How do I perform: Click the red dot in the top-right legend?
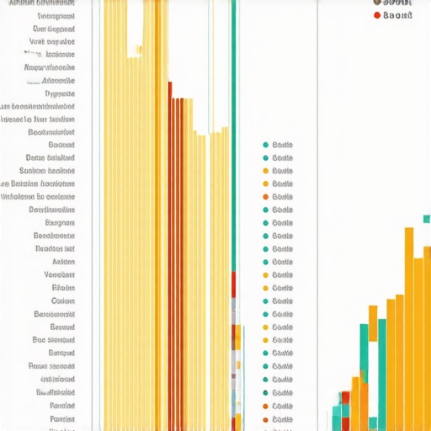(375, 15)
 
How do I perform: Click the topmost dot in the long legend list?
(265, 145)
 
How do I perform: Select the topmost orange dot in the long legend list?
(265, 196)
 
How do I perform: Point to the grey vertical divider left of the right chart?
(317, 210)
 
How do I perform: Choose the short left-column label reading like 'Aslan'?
(63, 262)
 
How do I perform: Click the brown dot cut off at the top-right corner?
(376, 3)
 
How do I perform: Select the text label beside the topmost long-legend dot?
(283, 145)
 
